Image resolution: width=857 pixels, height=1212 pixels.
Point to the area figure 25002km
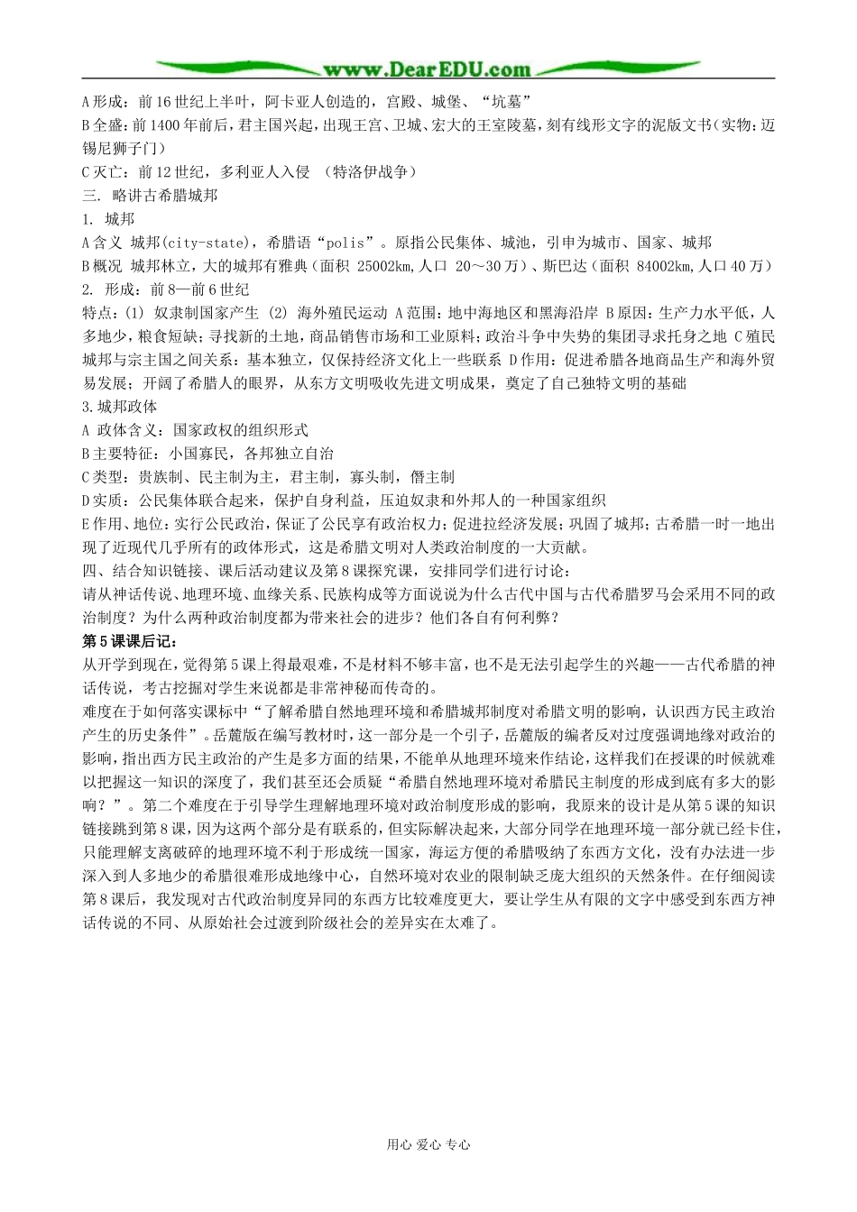[x=384, y=266]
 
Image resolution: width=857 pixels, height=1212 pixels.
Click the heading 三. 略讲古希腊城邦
[x=150, y=196]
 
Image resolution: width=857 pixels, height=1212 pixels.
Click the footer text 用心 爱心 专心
[x=428, y=1145]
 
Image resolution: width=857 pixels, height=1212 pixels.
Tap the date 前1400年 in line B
[x=161, y=125]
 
